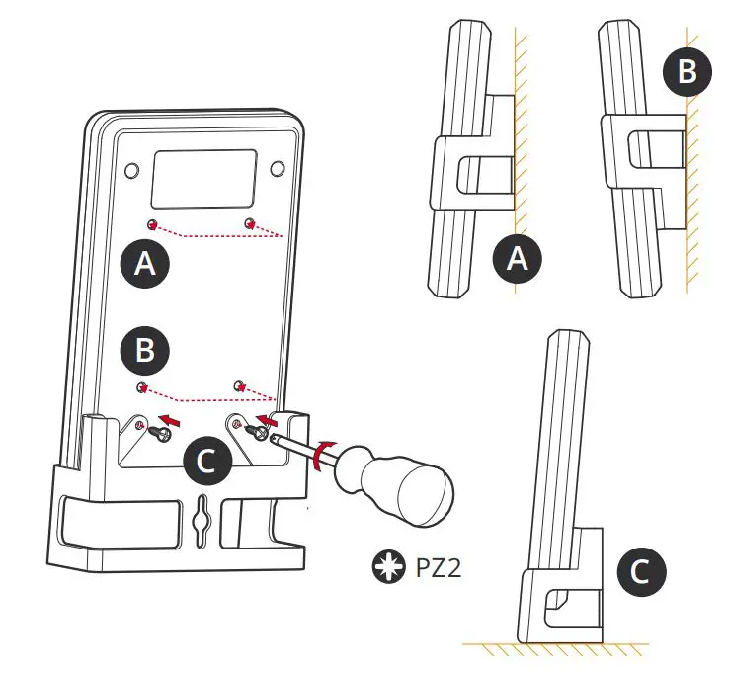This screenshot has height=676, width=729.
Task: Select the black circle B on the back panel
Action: pyautogui.click(x=144, y=349)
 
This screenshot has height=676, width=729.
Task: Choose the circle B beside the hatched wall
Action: pyautogui.click(x=688, y=72)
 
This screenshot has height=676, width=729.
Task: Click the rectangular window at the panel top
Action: pyautogui.click(x=203, y=179)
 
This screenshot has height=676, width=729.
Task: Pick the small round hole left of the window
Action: pyautogui.click(x=130, y=169)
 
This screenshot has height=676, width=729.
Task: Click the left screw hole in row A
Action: pyautogui.click(x=152, y=222)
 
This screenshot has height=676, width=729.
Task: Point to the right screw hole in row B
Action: pyautogui.click(x=237, y=381)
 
